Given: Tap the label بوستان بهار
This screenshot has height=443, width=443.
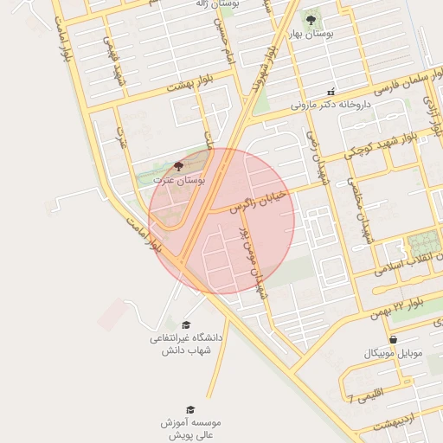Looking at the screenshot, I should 311,35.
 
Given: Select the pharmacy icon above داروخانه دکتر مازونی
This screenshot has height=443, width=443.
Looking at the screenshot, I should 330,92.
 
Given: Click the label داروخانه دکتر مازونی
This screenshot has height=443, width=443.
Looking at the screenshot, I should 330,106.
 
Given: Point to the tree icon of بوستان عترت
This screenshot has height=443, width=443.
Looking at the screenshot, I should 179,166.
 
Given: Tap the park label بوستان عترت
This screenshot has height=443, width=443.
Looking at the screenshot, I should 179,179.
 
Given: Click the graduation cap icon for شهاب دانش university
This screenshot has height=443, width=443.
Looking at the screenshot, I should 186,324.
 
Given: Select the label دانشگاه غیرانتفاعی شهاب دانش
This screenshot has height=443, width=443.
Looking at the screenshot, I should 186,343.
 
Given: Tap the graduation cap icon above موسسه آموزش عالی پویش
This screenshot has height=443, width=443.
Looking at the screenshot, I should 190,409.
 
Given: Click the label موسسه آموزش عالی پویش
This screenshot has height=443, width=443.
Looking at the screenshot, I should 190,427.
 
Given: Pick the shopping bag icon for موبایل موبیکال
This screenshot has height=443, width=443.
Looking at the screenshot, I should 394,340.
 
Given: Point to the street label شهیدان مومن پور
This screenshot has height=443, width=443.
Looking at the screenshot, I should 250,261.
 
